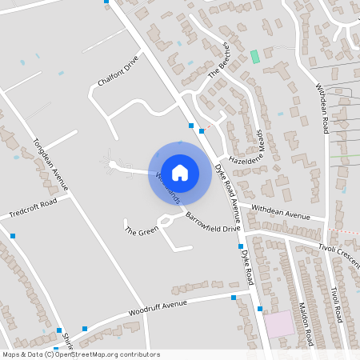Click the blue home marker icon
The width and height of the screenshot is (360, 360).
pos(180,173)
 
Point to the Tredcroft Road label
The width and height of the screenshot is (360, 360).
pos(33,209)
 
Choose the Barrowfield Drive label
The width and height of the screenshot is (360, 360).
pos(213,222)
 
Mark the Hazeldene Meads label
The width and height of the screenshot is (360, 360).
pos(245,147)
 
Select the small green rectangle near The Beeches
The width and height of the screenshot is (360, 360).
pos(255,57)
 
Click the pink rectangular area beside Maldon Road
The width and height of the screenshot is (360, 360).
pos(279,325)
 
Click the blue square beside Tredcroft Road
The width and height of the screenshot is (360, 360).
pos(13,235)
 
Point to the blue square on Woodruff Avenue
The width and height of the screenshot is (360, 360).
pos(234,298)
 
